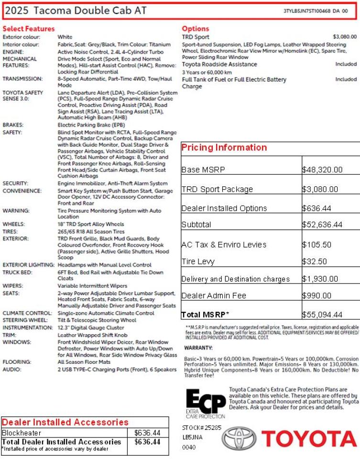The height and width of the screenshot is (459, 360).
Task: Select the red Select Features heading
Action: pyautogui.click(x=29, y=29)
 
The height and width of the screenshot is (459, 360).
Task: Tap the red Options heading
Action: pyautogui.click(x=196, y=29)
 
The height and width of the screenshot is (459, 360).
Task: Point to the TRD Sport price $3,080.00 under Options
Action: pyautogui.click(x=344, y=37)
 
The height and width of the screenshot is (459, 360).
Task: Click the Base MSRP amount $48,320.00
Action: pyautogui.click(x=322, y=170)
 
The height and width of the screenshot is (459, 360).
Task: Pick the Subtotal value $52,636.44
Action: pyautogui.click(x=322, y=225)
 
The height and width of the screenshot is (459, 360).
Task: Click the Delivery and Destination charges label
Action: pyautogui.click(x=236, y=279)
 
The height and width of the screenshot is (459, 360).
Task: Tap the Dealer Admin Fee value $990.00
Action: pyautogui.click(x=317, y=296)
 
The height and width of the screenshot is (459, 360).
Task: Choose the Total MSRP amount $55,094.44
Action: pyautogui.click(x=322, y=315)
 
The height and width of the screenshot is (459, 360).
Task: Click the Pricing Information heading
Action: pyautogui.click(x=224, y=148)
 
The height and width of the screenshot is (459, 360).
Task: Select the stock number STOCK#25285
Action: pyautogui.click(x=202, y=427)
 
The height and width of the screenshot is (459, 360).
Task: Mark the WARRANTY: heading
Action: pyautogui.click(x=198, y=348)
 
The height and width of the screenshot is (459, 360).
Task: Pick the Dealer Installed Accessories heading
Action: pyautogui.click(x=65, y=422)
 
